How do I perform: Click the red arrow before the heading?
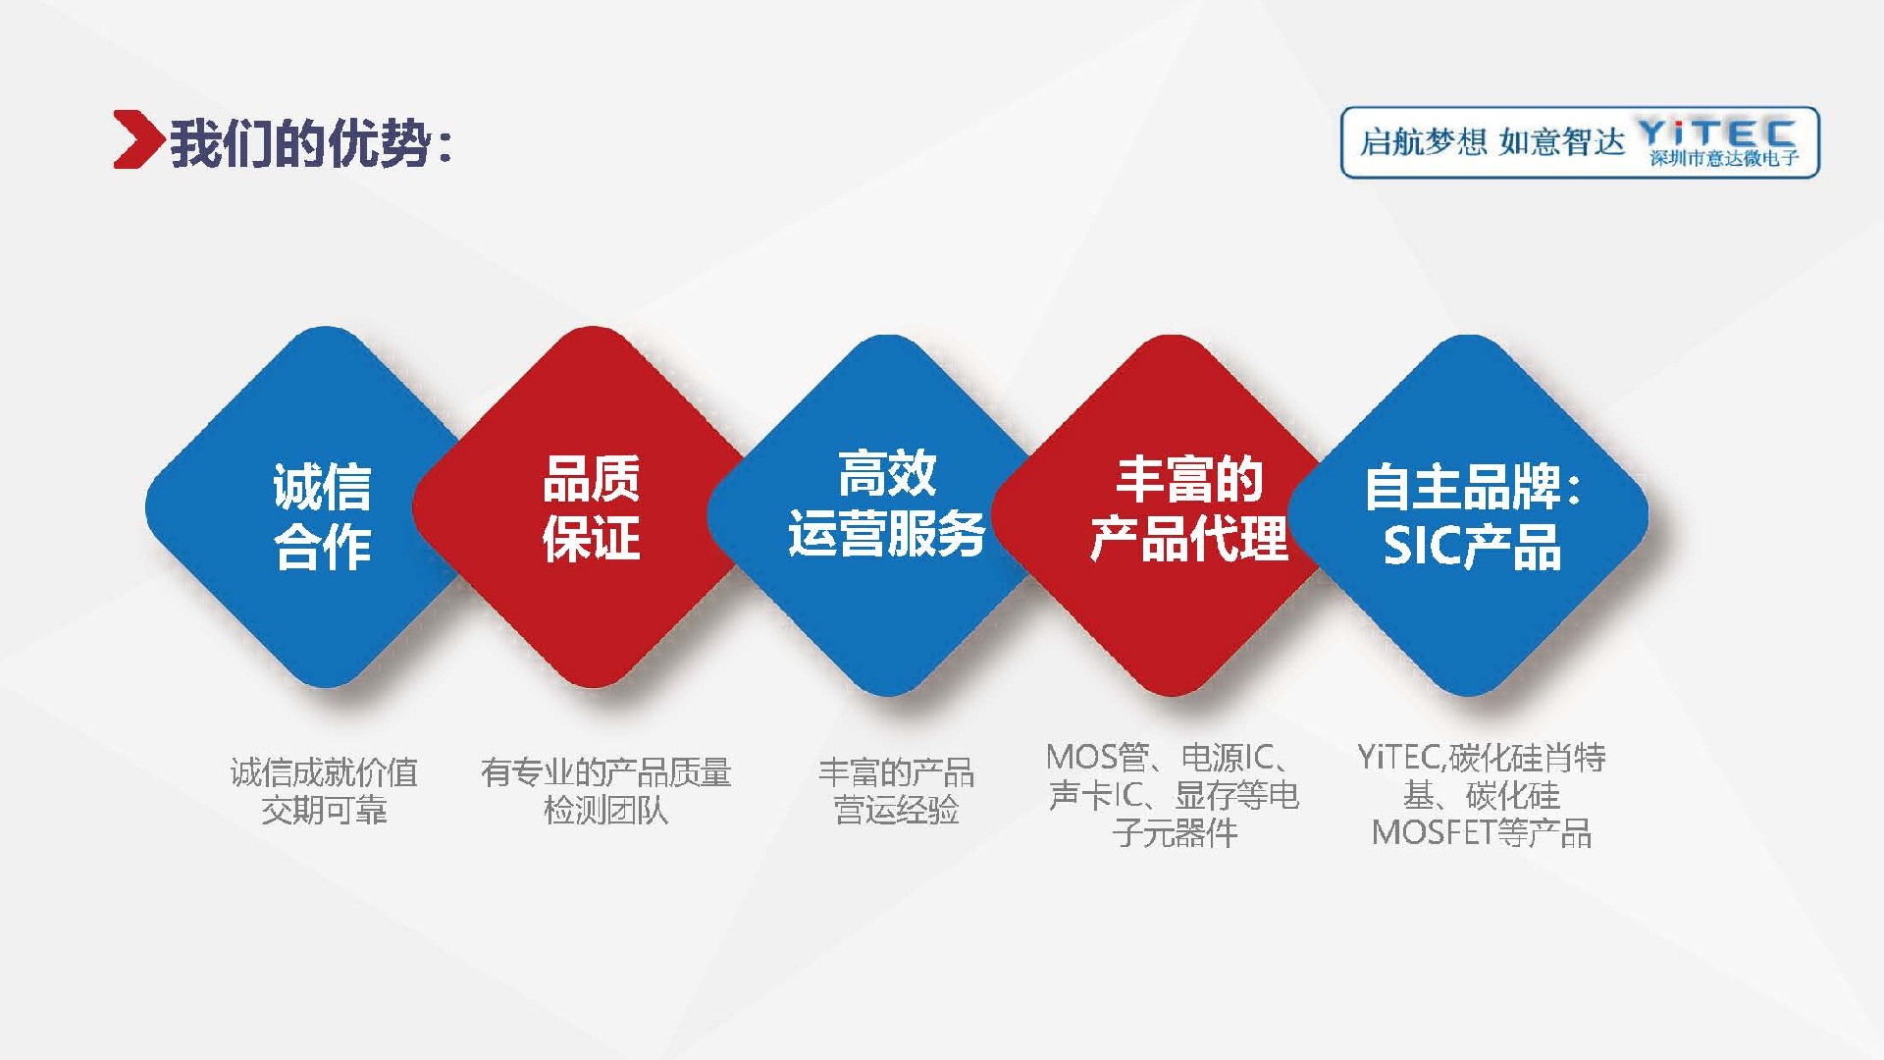click(x=137, y=140)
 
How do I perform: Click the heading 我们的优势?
click(x=300, y=144)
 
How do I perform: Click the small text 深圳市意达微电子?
click(x=1724, y=158)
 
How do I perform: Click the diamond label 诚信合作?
click(x=323, y=516)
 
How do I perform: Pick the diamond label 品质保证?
click(x=592, y=508)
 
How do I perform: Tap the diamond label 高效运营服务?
click(x=887, y=504)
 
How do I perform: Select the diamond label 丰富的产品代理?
click(x=1189, y=508)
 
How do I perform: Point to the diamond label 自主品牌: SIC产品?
click(x=1473, y=516)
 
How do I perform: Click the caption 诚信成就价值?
click(x=324, y=772)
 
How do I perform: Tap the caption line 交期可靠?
click(x=324, y=811)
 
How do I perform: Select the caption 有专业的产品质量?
click(x=605, y=772)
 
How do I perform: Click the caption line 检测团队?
click(x=605, y=811)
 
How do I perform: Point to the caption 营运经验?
click(x=896, y=811)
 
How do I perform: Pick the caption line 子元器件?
click(x=1175, y=833)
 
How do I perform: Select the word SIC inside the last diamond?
click(x=1421, y=547)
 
